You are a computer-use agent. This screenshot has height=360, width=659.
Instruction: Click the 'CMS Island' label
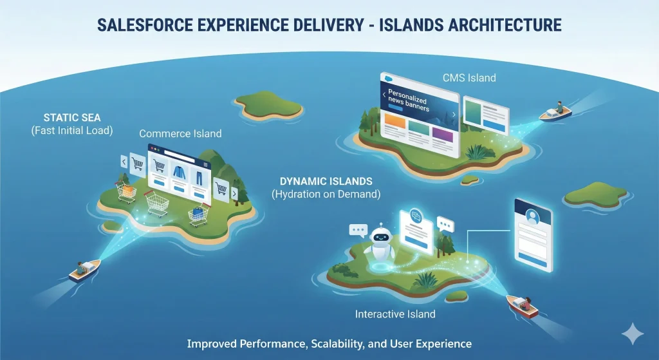point(469,78)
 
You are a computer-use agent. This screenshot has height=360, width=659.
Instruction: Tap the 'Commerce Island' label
point(180,134)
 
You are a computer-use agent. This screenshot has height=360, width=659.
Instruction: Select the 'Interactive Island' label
point(395,314)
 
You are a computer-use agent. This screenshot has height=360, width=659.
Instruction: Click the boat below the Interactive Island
point(523,304)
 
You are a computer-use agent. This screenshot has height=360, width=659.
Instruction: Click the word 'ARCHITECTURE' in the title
point(495,25)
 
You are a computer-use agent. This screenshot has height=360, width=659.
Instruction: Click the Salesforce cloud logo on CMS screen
point(387,77)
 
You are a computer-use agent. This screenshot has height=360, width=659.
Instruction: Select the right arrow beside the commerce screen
point(234,193)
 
